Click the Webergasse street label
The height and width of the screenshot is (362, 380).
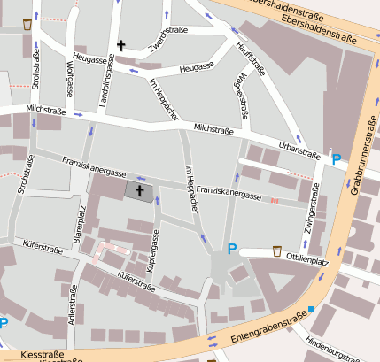[x=238, y=95]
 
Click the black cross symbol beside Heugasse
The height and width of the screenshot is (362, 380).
[x=120, y=44]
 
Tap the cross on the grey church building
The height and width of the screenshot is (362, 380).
[x=138, y=189]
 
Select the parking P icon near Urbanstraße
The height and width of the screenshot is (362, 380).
[x=336, y=159]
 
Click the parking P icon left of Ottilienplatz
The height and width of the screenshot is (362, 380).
[x=232, y=250]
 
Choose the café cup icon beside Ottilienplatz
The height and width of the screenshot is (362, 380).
[x=277, y=250]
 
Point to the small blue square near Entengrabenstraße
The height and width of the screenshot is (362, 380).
[x=311, y=309]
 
